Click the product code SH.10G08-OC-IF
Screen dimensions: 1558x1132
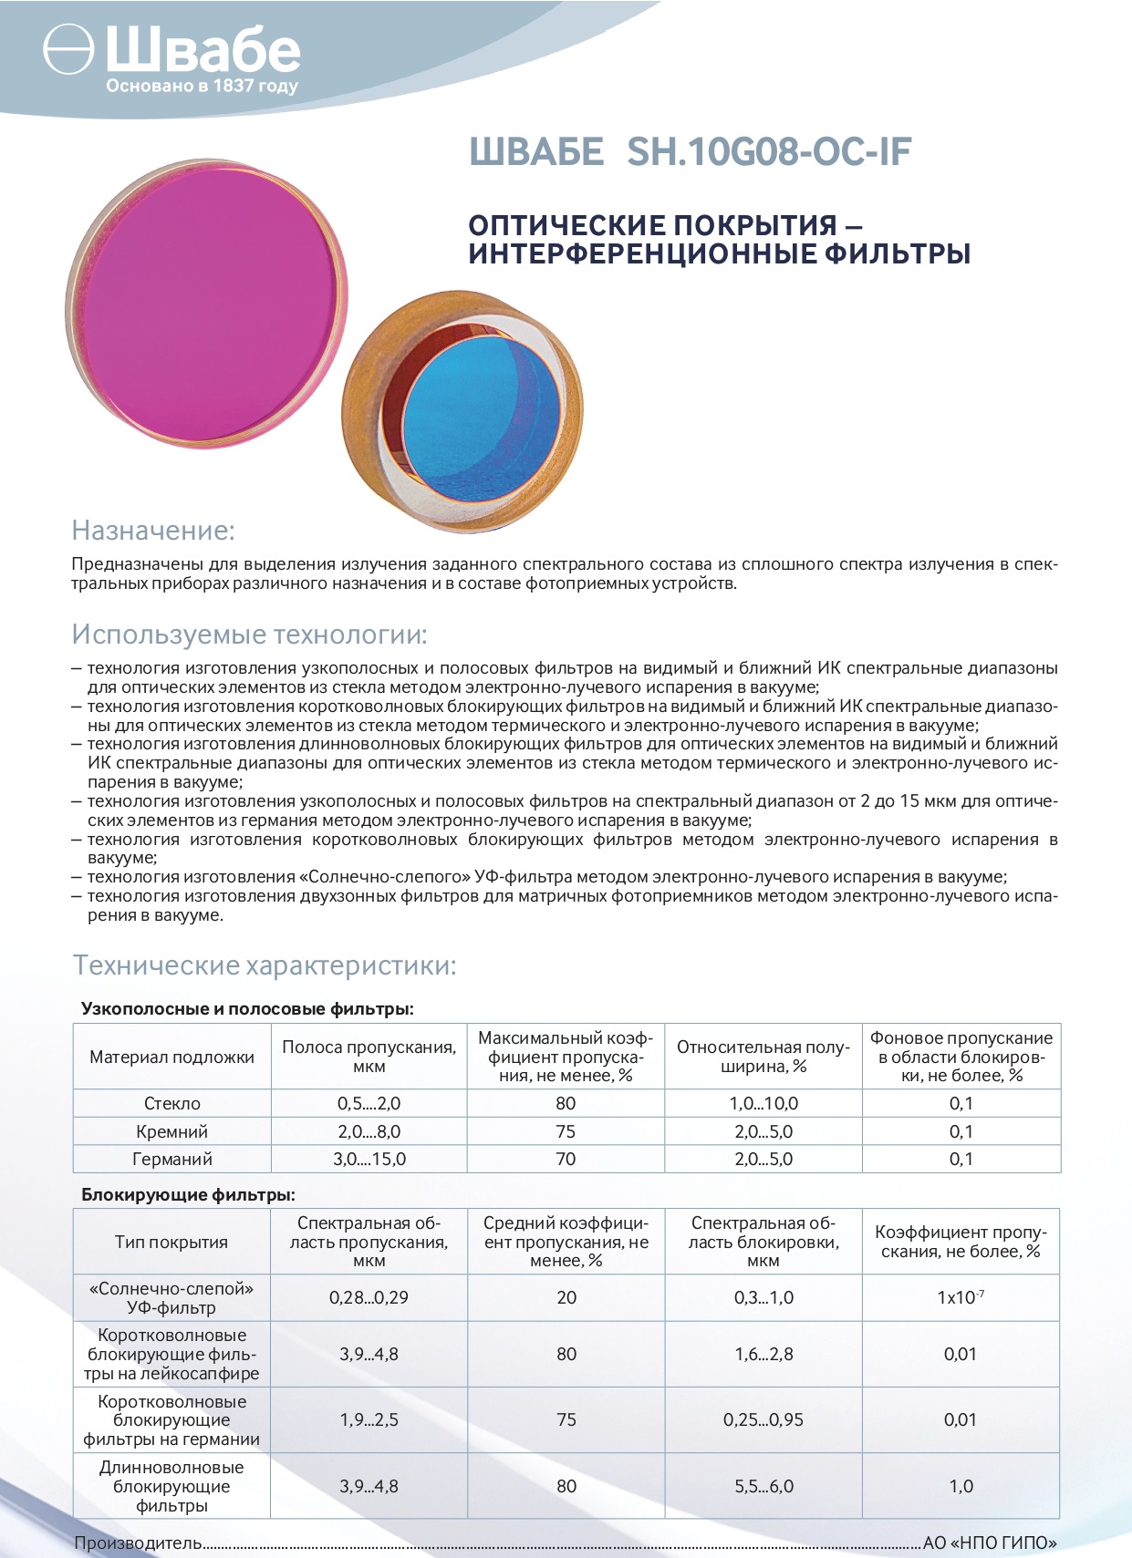coord(769,152)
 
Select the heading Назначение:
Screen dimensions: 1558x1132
coord(153,530)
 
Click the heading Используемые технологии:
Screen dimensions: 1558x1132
coord(249,634)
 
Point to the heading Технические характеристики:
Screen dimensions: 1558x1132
coord(264,965)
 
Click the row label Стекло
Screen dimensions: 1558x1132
coord(171,1103)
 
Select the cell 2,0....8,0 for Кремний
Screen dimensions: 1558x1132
coord(369,1131)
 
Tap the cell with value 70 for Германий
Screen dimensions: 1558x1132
coord(566,1159)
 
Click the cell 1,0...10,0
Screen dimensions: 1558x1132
coord(763,1103)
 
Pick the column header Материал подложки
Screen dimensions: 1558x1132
coord(171,1057)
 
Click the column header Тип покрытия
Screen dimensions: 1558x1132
coord(171,1242)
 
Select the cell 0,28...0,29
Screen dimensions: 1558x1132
coord(369,1297)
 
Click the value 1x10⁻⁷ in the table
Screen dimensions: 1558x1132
coord(961,1297)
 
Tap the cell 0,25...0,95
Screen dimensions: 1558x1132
coord(763,1419)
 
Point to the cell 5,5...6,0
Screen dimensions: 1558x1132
coord(763,1486)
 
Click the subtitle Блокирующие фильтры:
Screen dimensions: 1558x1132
coord(189,1194)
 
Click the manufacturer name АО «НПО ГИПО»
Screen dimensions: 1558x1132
coord(990,1543)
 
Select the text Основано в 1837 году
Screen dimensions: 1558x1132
coord(202,87)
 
